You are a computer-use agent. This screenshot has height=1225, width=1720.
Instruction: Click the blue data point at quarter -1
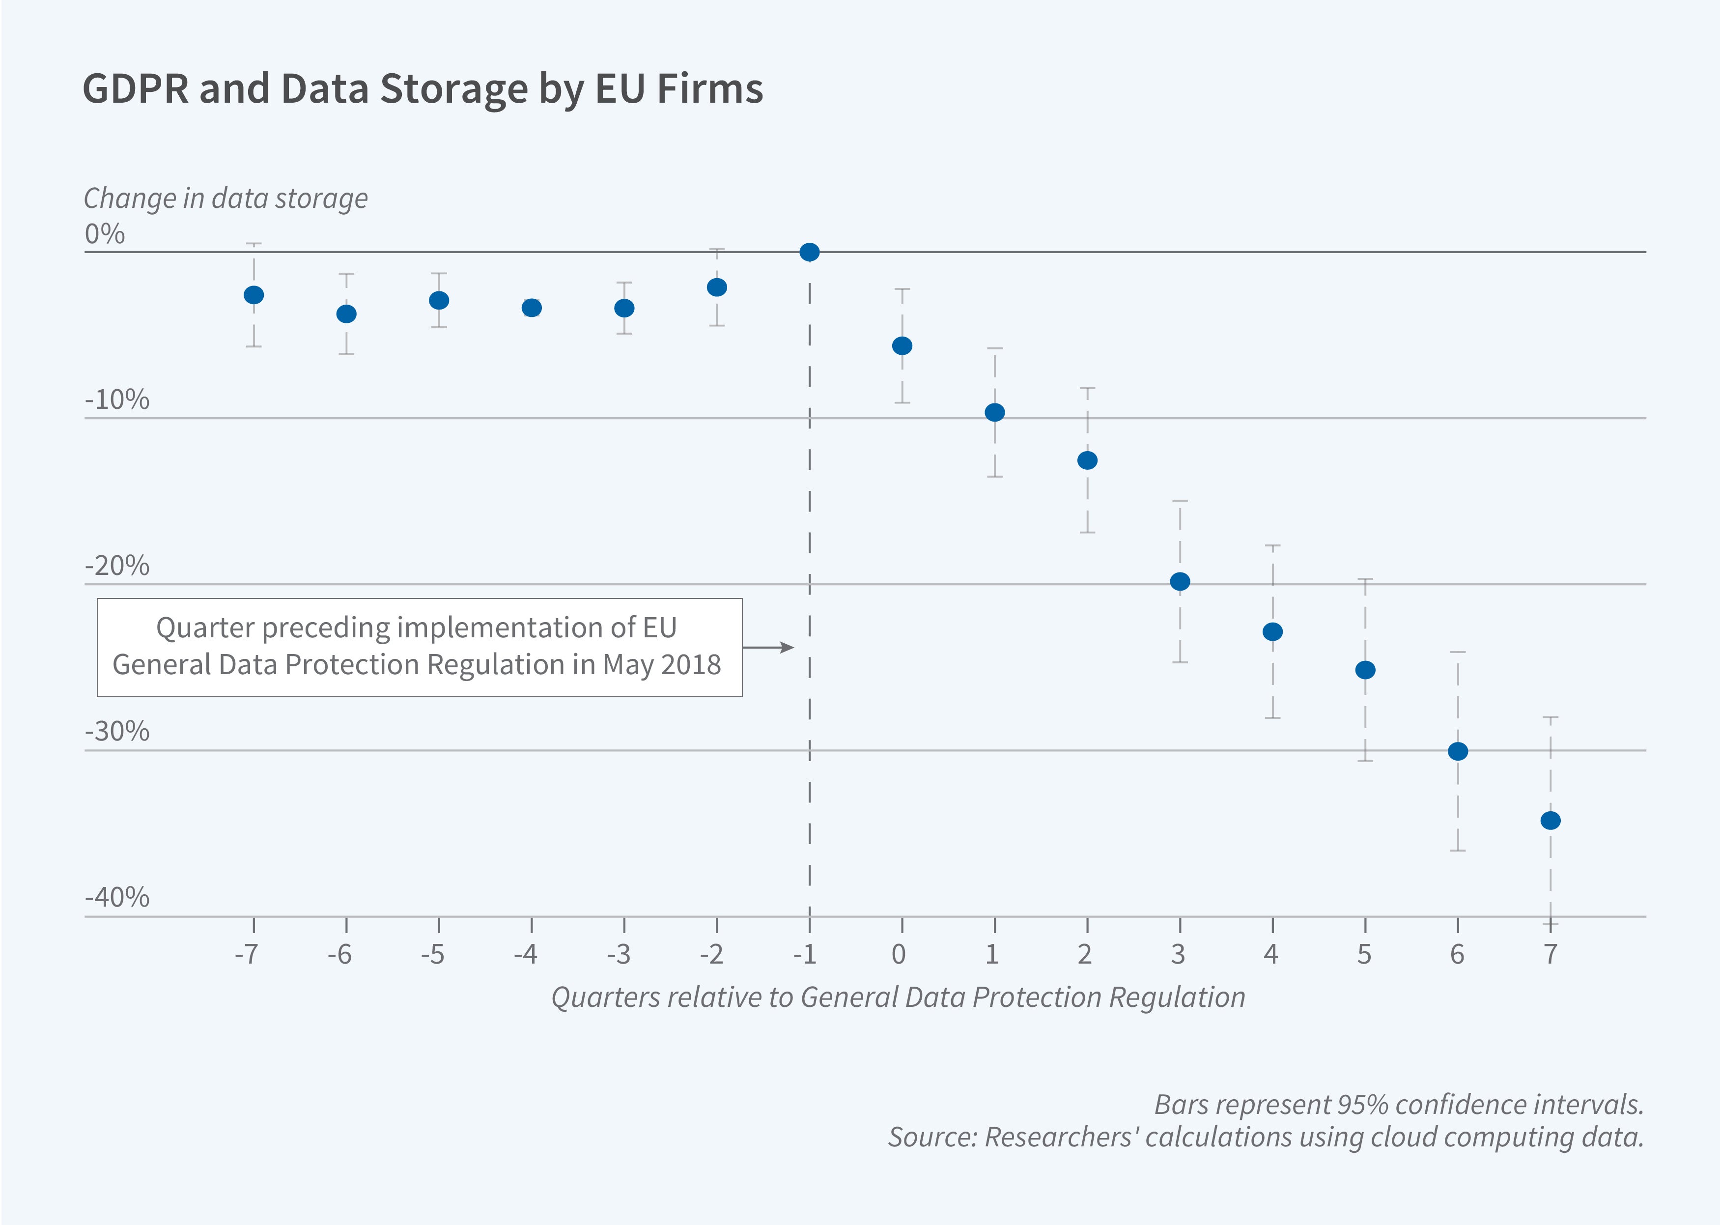tap(809, 252)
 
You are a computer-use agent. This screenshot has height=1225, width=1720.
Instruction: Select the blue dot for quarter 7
tap(1551, 821)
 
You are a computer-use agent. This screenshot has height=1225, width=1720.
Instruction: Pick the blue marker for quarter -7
tap(254, 295)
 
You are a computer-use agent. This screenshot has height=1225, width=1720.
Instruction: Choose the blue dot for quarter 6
tap(1458, 751)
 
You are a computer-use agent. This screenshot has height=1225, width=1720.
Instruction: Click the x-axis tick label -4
tap(526, 955)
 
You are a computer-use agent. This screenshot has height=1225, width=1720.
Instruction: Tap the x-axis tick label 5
tap(1364, 955)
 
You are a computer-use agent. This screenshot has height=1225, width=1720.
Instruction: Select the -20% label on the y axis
tap(117, 566)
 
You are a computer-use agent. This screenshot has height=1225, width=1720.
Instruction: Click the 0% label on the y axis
tap(105, 234)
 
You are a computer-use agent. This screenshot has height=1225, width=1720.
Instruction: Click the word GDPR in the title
tap(136, 89)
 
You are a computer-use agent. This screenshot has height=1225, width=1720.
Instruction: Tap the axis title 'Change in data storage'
tap(226, 199)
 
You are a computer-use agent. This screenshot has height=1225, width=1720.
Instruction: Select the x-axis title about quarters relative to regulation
tap(897, 997)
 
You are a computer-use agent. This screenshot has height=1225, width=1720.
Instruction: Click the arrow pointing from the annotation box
tap(769, 647)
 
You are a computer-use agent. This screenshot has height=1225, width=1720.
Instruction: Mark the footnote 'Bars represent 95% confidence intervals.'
tap(1399, 1104)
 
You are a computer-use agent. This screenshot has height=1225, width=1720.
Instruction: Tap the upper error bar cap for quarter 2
tap(1087, 389)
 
